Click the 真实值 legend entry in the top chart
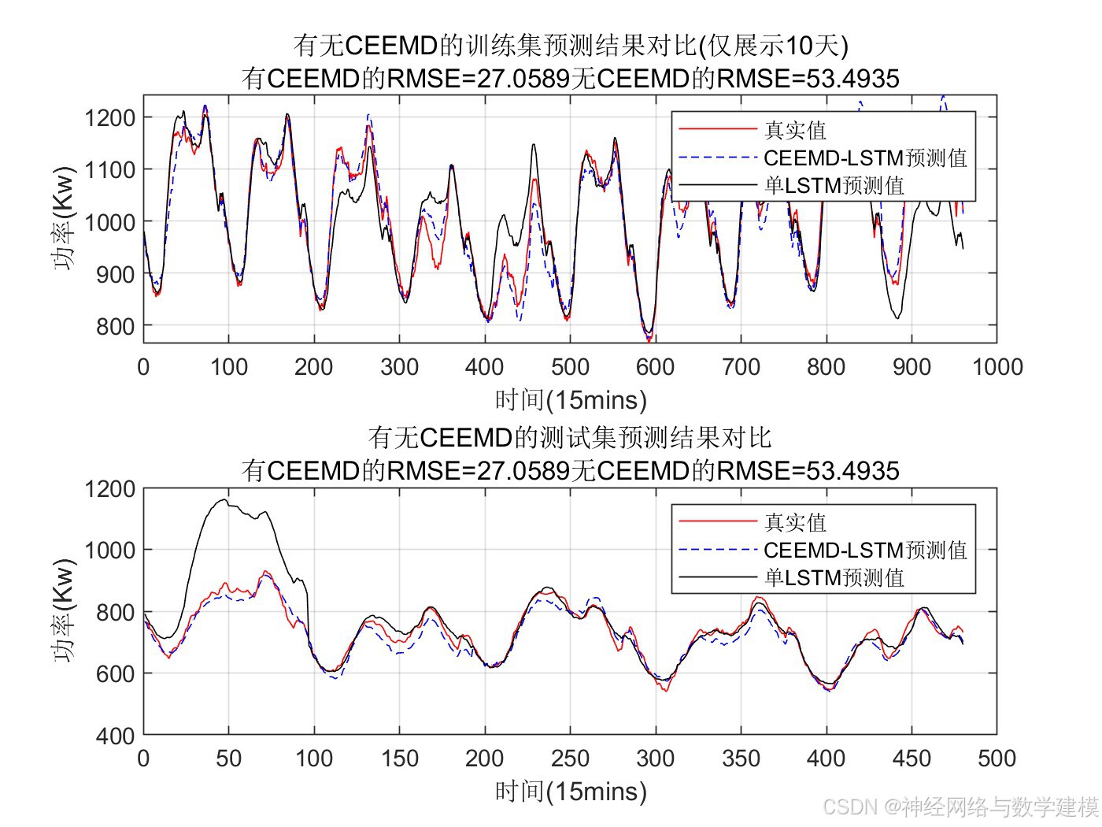click(795, 130)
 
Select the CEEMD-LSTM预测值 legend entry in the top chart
click(864, 158)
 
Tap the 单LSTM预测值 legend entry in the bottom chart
click(834, 577)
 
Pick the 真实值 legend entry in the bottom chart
click(795, 522)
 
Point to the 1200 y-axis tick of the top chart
click(109, 118)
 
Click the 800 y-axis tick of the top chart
click(115, 326)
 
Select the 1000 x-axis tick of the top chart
click(997, 367)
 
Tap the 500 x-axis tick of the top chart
click(570, 367)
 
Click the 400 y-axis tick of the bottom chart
click(115, 736)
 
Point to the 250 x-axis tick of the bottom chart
click(570, 758)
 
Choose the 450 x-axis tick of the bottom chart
click(912, 758)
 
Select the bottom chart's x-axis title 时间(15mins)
click(571, 792)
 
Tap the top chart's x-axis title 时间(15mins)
click(571, 400)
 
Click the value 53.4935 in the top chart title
click(851, 79)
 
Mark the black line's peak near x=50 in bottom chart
click(224, 500)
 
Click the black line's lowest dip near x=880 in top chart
click(897, 317)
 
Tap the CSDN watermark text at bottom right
click(960, 807)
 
